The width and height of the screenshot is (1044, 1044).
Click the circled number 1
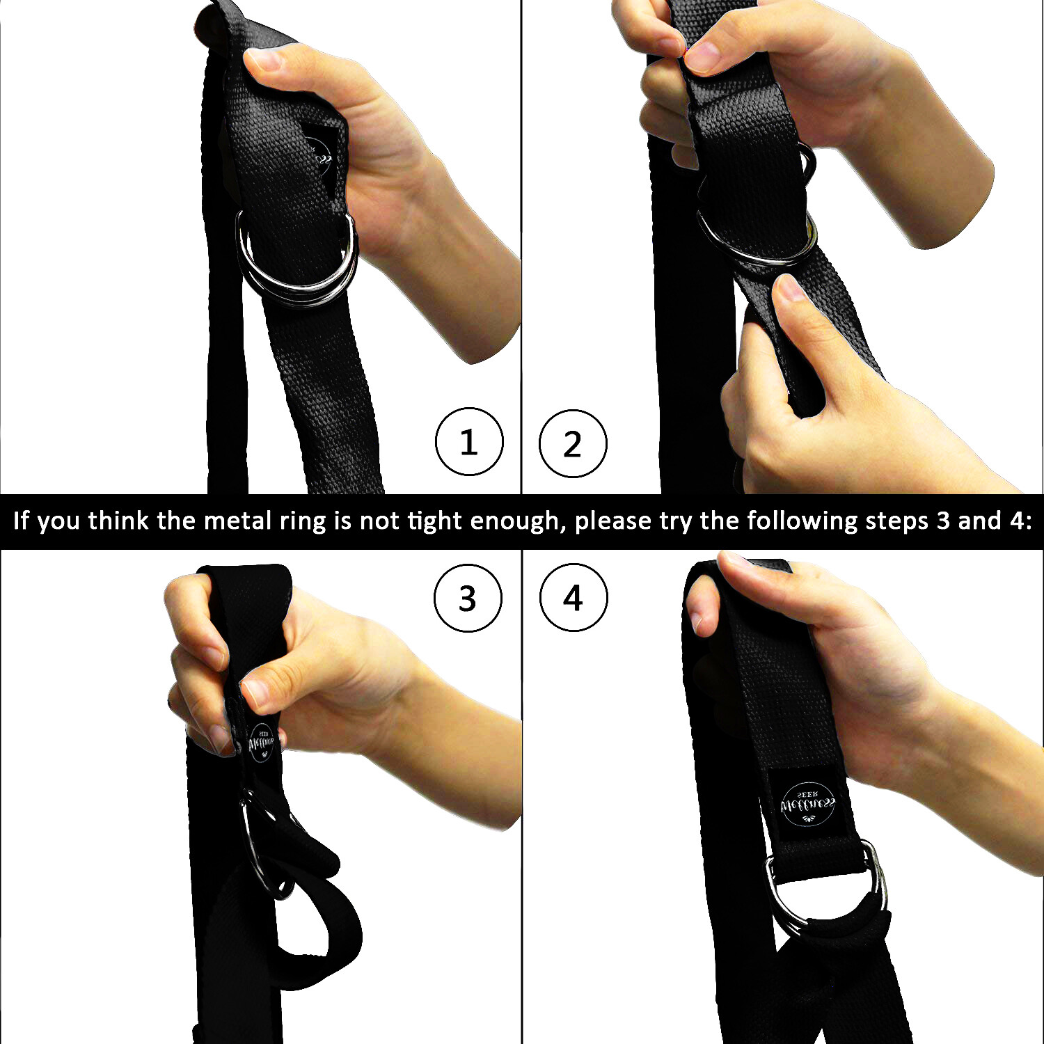point(468,442)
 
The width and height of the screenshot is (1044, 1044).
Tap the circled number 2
point(573,444)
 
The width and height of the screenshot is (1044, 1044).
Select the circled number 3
point(468,598)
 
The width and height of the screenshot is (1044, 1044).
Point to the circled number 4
point(574,598)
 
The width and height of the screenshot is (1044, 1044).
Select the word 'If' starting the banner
point(21,521)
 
